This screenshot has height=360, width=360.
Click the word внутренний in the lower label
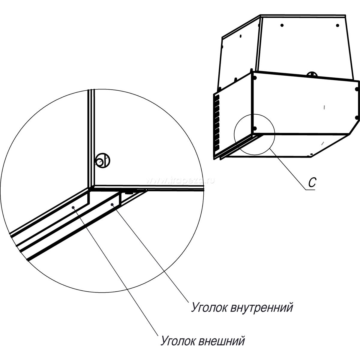click(x=262, y=308)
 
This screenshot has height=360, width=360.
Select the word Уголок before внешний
click(x=178, y=341)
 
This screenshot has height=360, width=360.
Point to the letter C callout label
click(x=312, y=183)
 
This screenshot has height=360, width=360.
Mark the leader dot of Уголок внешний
click(x=73, y=207)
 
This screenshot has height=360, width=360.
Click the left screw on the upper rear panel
click(x=282, y=25)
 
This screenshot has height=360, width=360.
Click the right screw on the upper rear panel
click(x=337, y=25)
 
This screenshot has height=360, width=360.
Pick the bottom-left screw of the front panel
click(x=254, y=128)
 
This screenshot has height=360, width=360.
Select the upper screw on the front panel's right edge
click(x=356, y=89)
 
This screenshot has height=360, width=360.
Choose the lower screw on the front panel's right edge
click(x=356, y=117)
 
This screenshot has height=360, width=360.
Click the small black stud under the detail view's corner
click(x=129, y=192)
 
